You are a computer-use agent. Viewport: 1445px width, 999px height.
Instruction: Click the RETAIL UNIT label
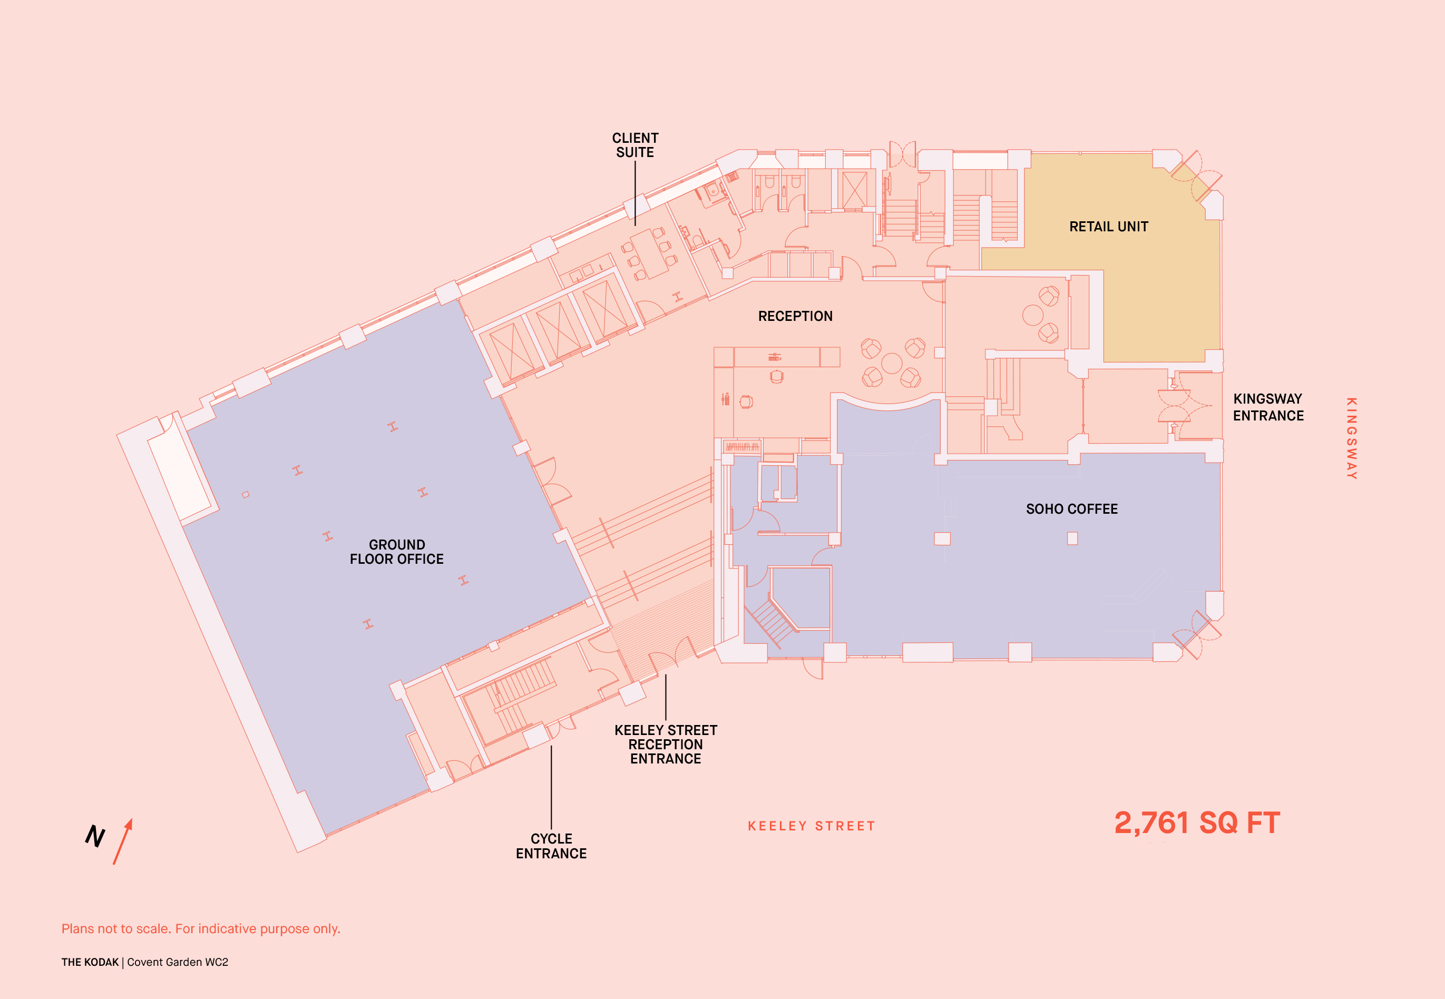(x=1108, y=227)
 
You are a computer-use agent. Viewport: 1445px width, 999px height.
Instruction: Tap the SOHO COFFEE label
(x=1072, y=509)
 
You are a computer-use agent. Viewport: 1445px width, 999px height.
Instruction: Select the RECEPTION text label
(x=795, y=316)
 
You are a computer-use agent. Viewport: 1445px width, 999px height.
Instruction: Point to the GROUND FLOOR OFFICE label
(x=396, y=552)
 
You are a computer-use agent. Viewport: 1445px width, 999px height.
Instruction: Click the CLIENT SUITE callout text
(x=635, y=145)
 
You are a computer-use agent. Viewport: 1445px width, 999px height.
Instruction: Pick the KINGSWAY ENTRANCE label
(x=1268, y=407)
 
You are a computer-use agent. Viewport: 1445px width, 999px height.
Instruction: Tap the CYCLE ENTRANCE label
(x=551, y=846)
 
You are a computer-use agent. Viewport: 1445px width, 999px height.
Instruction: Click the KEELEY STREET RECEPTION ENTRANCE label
(x=666, y=744)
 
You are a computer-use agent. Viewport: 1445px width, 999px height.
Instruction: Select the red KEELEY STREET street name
(x=812, y=826)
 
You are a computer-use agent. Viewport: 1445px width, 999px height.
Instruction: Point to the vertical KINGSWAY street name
(x=1352, y=438)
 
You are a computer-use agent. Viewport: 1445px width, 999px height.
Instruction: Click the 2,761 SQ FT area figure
(x=1197, y=822)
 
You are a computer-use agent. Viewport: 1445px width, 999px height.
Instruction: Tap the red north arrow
(x=123, y=841)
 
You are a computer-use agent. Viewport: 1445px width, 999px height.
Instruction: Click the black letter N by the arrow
(x=95, y=836)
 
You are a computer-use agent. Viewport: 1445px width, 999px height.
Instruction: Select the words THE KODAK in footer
(x=90, y=962)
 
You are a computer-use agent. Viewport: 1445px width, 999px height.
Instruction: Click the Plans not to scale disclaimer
(x=200, y=929)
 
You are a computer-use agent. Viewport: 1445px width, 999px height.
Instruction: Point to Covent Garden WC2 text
(x=178, y=962)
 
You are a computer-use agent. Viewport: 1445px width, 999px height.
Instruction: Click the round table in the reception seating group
(x=892, y=363)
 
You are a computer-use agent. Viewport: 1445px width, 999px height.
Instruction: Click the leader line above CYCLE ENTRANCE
(x=551, y=787)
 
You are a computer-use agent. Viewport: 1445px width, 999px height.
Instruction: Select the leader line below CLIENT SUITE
(x=635, y=193)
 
